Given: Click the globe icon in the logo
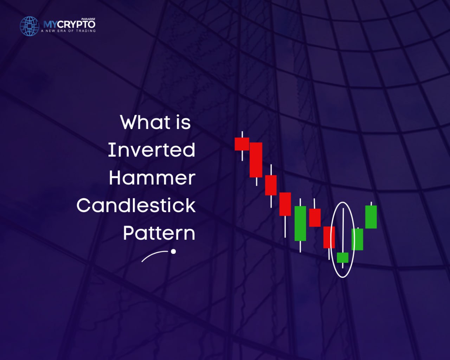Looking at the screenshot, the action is [x=30, y=26].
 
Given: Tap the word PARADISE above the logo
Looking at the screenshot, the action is [x=88, y=19].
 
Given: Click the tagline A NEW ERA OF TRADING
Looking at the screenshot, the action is [x=68, y=31].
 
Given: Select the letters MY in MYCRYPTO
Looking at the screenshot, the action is [x=50, y=25].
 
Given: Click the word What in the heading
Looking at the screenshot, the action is [x=145, y=122].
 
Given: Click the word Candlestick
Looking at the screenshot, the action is [x=136, y=205].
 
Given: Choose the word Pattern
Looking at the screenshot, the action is [x=159, y=233].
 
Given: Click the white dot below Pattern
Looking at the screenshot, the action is [x=173, y=251].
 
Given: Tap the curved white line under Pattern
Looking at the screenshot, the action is [x=154, y=255].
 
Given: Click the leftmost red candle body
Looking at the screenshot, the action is [x=242, y=144].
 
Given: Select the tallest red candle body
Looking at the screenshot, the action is [x=256, y=160].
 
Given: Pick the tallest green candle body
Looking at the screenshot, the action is [x=300, y=223].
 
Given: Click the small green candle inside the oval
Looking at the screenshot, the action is [x=343, y=258].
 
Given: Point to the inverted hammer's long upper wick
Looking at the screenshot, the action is [x=343, y=230].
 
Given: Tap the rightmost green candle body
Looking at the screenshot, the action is [x=371, y=217].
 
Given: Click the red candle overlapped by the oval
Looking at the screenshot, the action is [x=329, y=237].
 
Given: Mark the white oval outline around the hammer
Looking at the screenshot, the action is [x=331, y=240].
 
